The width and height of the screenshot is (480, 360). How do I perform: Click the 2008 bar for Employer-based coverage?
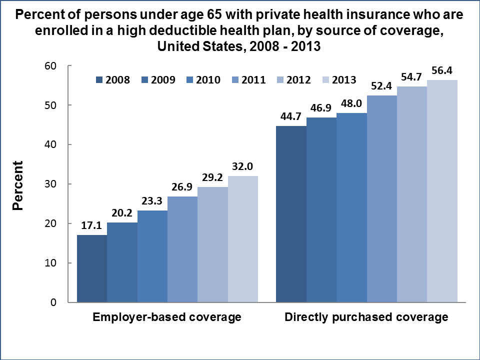92,268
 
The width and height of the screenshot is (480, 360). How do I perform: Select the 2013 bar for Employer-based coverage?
242,239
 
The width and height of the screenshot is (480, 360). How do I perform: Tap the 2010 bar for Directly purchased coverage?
352,207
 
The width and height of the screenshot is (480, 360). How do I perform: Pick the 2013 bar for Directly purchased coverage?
442,191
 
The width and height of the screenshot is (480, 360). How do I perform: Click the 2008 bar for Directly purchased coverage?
291,214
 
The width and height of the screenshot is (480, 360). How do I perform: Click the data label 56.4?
442,71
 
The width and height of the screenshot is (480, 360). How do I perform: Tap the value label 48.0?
352,104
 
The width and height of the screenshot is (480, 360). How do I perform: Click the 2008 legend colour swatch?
98,79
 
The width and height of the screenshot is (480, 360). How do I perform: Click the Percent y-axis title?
18,184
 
